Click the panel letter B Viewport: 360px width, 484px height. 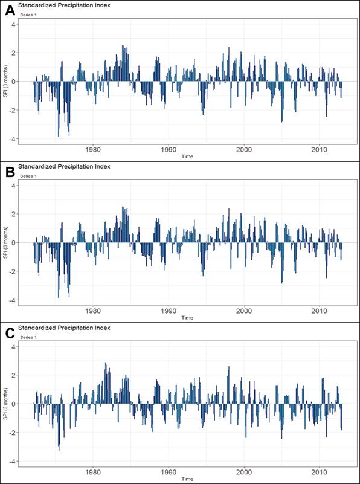[x=10, y=171]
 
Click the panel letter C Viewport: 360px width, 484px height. [x=10, y=332]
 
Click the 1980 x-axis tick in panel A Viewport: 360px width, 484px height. [x=93, y=149]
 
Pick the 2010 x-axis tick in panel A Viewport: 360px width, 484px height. [x=319, y=149]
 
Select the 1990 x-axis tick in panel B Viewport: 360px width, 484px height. [x=169, y=311]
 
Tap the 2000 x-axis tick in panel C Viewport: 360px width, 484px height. [x=244, y=472]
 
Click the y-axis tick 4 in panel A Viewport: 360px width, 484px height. [x=14, y=24]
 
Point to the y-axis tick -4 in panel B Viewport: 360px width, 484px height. [x=13, y=300]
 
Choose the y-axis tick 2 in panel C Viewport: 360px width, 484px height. [x=14, y=375]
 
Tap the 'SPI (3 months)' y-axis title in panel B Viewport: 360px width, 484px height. [x=5, y=243]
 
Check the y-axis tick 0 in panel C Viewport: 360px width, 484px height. [x=14, y=404]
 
